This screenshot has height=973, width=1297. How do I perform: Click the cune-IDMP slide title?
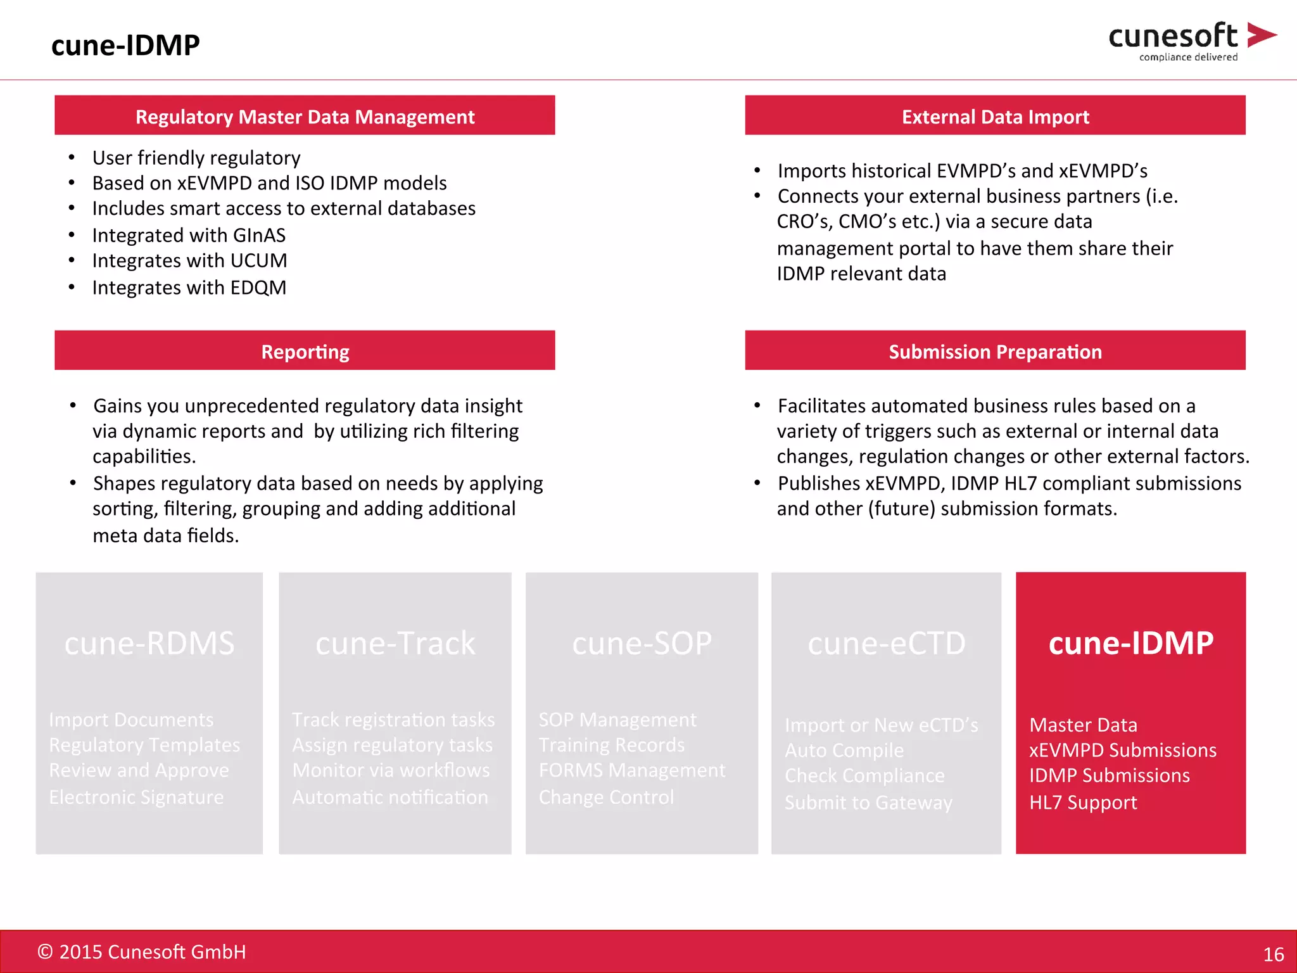point(125,45)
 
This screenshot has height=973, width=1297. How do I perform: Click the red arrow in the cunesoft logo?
point(1260,35)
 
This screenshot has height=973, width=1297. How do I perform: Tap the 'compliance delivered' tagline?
point(1188,57)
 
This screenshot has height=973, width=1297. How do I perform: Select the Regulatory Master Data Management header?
point(305,117)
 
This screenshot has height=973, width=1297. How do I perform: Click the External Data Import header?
point(995,117)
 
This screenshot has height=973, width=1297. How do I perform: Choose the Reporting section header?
point(305,352)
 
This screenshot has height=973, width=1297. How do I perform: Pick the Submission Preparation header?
point(995,352)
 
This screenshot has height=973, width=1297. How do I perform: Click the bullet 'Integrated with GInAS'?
point(189,235)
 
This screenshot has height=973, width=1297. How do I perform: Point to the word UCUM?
point(258,260)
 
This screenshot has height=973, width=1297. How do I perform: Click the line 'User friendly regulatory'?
point(196,157)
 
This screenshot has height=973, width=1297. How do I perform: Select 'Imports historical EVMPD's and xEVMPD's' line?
point(962,171)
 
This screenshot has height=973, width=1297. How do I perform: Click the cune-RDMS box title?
point(149,643)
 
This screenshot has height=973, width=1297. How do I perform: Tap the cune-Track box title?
point(395,643)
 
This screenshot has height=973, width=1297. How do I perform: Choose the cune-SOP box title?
point(642,643)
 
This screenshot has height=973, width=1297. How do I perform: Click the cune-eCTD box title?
point(886,643)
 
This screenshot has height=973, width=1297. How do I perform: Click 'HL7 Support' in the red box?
point(1083,803)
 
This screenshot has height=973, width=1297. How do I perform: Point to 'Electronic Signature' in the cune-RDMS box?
point(136,797)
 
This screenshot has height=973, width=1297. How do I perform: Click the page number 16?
point(1273,954)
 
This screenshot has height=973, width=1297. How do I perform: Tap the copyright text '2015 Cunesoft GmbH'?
point(152,951)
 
